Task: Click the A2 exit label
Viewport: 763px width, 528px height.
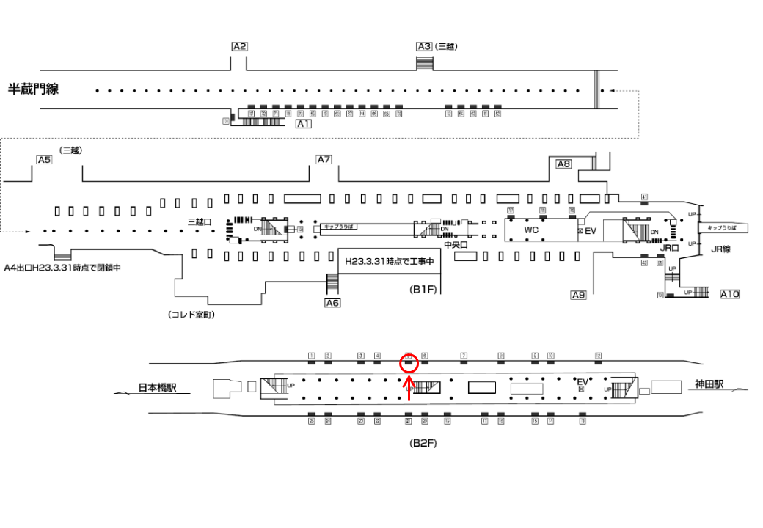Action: [x=239, y=46]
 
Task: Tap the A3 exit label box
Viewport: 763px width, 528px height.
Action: [x=424, y=46]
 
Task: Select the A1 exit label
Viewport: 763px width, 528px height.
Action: [x=303, y=125]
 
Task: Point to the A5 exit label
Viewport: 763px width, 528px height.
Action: [x=44, y=159]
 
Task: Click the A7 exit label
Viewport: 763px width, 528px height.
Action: [x=324, y=159]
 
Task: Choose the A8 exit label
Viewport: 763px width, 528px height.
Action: [x=563, y=164]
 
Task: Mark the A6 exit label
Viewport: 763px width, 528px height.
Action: [x=332, y=302]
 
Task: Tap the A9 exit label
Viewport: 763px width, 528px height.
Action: [x=578, y=295]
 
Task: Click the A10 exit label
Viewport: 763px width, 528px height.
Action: [x=729, y=294]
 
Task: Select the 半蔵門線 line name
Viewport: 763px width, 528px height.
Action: [x=33, y=89]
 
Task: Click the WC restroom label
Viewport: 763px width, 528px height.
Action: [x=531, y=230]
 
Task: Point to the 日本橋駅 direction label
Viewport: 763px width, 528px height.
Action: [x=162, y=389]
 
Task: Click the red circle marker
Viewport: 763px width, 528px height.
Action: [x=409, y=362]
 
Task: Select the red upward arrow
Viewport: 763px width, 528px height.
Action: [x=409, y=388]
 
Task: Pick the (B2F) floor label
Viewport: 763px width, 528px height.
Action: [x=423, y=443]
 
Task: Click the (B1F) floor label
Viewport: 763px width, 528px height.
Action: [x=423, y=290]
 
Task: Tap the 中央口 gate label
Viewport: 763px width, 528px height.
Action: [x=457, y=246]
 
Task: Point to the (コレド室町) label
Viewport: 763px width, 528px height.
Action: [x=191, y=315]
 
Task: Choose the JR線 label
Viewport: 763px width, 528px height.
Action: [x=721, y=249]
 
